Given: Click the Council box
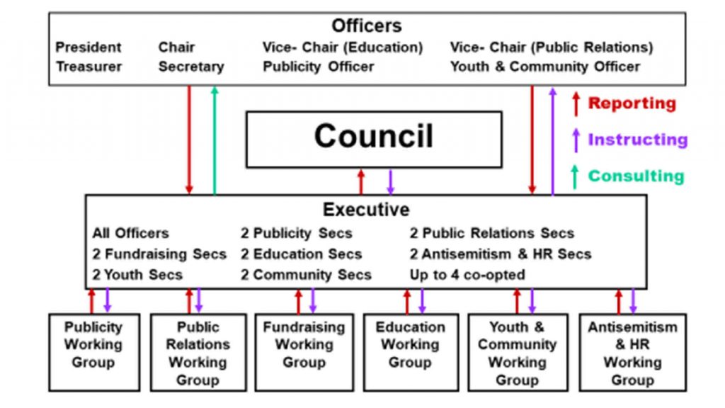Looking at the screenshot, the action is pyautogui.click(x=374, y=140).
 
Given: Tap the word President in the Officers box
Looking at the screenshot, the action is pyautogui.click(x=89, y=47).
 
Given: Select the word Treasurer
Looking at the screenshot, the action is pyautogui.click(x=89, y=67).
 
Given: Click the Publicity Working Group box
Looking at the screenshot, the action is pyautogui.click(x=94, y=353).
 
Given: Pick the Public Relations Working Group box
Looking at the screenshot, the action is pyautogui.click(x=198, y=353).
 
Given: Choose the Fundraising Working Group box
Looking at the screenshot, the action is pyautogui.click(x=304, y=353).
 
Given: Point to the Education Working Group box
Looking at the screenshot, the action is pyautogui.click(x=411, y=353).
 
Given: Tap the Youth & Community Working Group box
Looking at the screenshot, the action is pyautogui.click(x=518, y=353).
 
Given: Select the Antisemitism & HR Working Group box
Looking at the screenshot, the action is pyautogui.click(x=632, y=353).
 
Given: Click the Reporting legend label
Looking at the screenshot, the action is pyautogui.click(x=632, y=103).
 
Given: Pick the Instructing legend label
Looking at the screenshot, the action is pyautogui.click(x=638, y=140).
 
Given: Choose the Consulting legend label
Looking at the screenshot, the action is pyautogui.click(x=636, y=176).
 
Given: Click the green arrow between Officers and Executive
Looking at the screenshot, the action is pyautogui.click(x=215, y=140).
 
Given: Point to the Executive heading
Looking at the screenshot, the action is pyautogui.click(x=366, y=210).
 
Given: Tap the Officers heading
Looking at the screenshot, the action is pyautogui.click(x=367, y=26).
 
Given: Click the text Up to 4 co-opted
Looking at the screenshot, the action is pyautogui.click(x=467, y=275).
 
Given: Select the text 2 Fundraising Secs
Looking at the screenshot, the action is pyautogui.click(x=159, y=254).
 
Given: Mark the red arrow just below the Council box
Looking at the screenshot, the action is pyautogui.click(x=361, y=182).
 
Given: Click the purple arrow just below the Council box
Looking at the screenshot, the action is pyautogui.click(x=391, y=182).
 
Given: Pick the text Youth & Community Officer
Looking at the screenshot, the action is pyautogui.click(x=545, y=67).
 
